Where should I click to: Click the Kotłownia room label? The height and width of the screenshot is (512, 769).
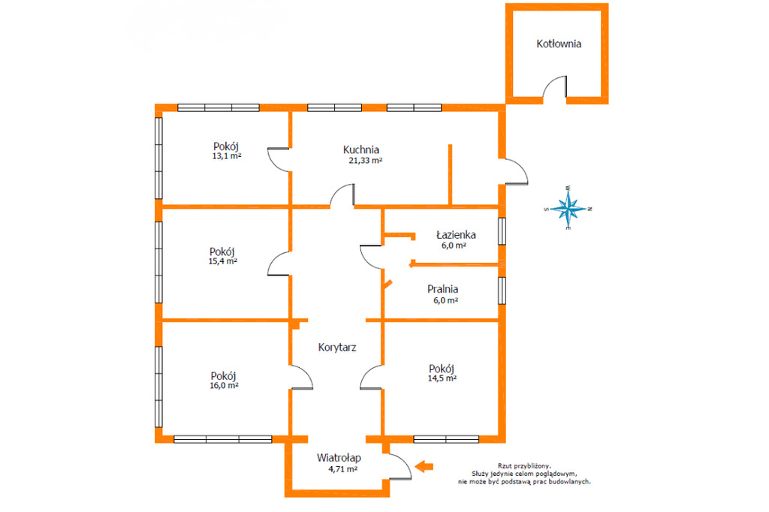[x=559, y=44]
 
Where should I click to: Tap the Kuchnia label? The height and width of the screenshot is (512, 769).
[x=361, y=149]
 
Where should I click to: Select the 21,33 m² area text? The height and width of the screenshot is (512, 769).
[x=366, y=161]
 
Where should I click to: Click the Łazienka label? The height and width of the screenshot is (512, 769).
[x=456, y=235]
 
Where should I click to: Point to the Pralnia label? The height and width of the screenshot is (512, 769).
[x=442, y=289]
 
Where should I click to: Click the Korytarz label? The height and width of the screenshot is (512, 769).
[x=337, y=348]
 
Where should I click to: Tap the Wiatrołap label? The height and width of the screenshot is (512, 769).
[x=339, y=457]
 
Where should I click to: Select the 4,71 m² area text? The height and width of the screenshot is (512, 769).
[x=342, y=469]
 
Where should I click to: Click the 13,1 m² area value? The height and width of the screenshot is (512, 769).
[x=227, y=156]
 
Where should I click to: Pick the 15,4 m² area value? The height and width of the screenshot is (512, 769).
[x=222, y=261]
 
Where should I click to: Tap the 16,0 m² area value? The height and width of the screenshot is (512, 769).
[x=224, y=385]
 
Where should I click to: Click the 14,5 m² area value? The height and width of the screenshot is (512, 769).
[x=442, y=378]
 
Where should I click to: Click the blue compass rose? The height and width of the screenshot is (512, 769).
[x=568, y=209]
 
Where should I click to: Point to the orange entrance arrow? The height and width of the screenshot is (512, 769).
[x=424, y=466]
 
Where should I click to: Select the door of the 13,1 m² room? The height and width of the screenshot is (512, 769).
[x=279, y=159]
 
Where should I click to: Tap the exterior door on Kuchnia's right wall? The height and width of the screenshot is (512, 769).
[x=517, y=172]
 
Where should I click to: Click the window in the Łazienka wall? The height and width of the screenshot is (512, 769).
[x=502, y=231]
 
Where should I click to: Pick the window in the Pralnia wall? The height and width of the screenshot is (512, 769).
[x=502, y=291]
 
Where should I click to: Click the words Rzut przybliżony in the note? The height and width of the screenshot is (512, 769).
[x=523, y=466]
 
